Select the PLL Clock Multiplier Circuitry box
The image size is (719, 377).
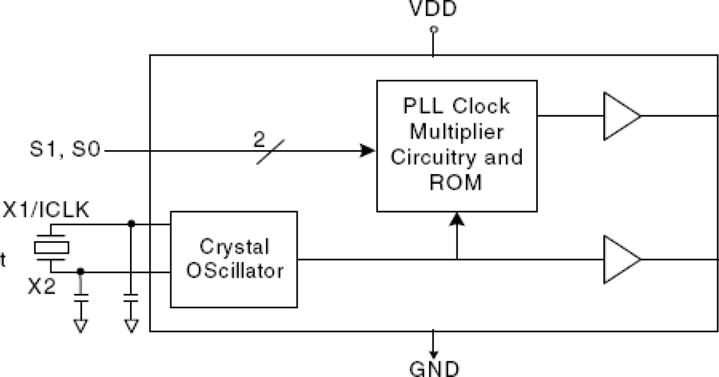(x=457, y=145)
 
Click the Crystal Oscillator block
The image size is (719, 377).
(x=234, y=259)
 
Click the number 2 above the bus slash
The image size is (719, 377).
(x=259, y=140)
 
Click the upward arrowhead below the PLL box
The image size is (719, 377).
(x=457, y=220)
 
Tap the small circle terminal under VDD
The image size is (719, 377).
(x=434, y=29)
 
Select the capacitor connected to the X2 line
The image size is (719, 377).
(x=81, y=297)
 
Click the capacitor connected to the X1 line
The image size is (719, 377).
(x=131, y=297)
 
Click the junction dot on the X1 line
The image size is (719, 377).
(x=131, y=224)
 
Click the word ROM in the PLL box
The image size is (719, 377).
(x=456, y=182)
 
